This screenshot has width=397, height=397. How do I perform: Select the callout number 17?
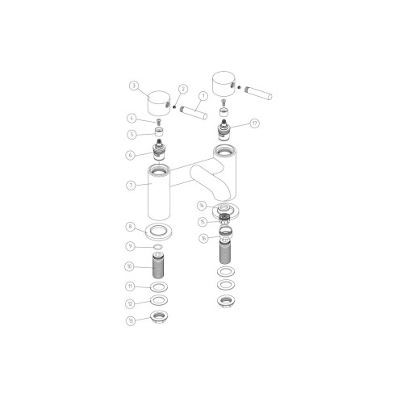click(255, 123)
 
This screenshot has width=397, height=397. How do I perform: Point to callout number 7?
click(132, 185)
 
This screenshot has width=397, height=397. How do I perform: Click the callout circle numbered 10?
click(130, 266)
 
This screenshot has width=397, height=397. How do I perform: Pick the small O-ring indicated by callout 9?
click(159, 247)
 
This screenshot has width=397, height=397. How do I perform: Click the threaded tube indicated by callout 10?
click(159, 265)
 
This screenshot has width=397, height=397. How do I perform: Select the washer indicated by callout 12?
click(159, 303)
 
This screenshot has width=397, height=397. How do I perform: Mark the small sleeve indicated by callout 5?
click(158, 135)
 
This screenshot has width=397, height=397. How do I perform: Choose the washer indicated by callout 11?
click(159, 286)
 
